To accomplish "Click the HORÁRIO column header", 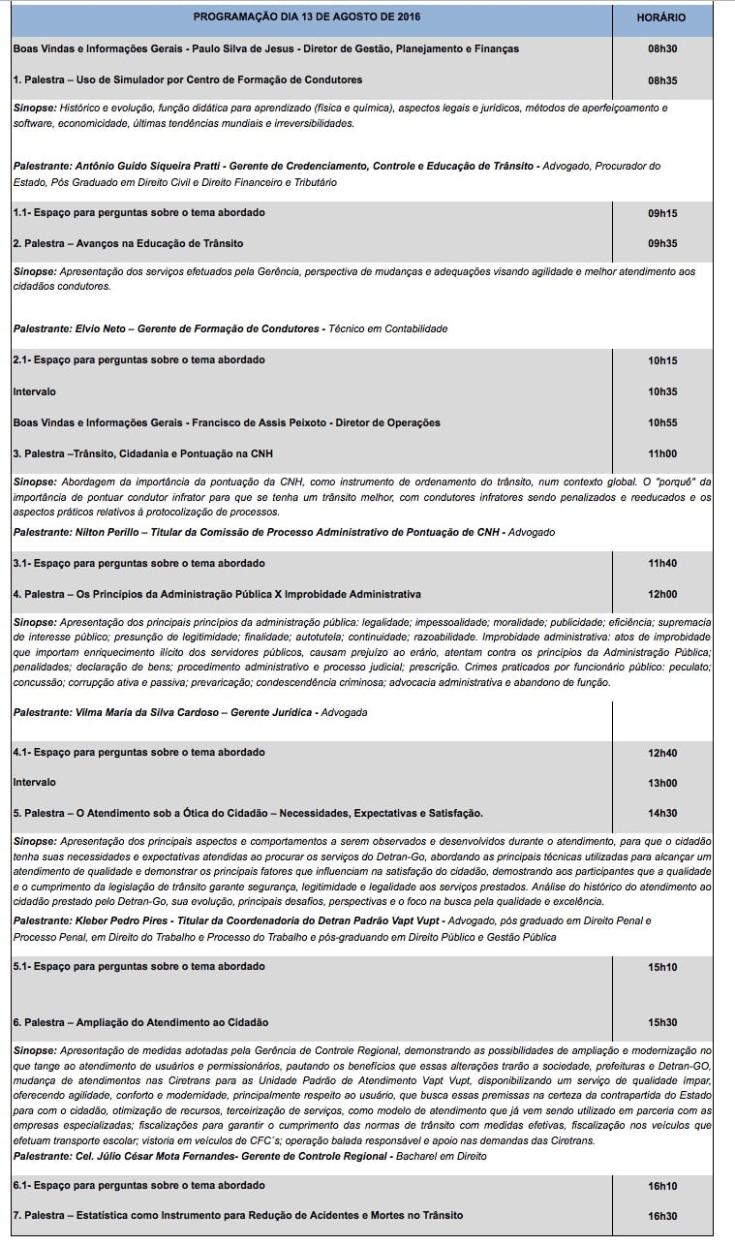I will pos(662,18).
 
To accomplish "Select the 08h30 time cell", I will pos(662,48).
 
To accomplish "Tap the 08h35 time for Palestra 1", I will pos(662,79).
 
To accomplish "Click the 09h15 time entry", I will pos(662,213).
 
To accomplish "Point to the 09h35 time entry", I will pos(662,243).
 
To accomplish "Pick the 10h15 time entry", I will pos(662,360).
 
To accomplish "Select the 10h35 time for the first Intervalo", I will pos(662,391).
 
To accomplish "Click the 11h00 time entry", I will pos(662,453).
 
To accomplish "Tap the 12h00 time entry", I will pos(662,594).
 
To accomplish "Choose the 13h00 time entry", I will pos(662,783).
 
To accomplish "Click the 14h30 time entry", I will pos(662,813).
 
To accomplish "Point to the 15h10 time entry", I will pos(662,967).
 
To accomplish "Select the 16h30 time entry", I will pos(662,1216).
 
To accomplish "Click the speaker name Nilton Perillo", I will pos(108,532).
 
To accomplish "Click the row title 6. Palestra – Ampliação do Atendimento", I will pos(140,1022).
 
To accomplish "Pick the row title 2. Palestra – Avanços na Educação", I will pos(128,243).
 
